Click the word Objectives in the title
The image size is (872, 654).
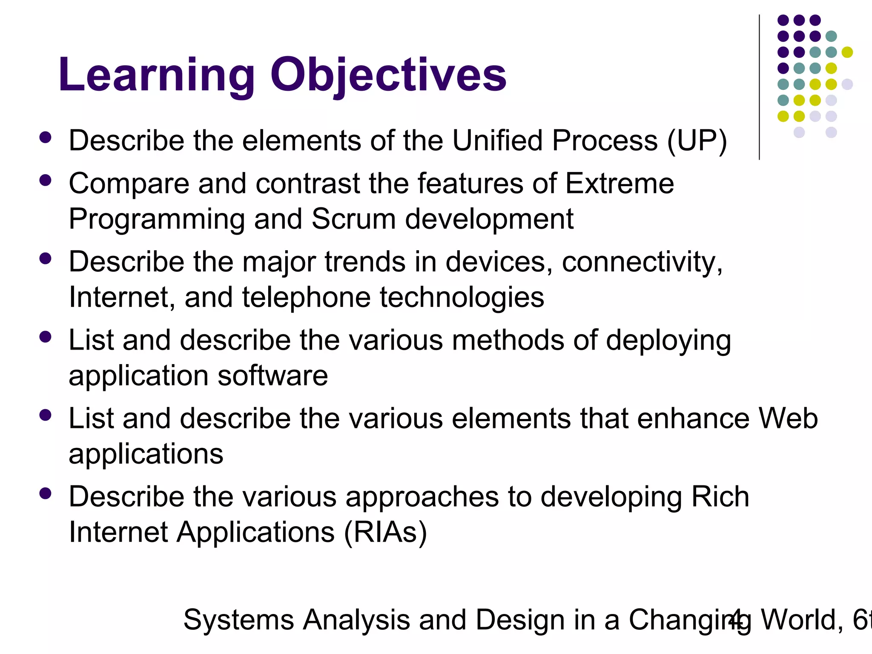388,76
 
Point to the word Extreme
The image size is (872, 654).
620,184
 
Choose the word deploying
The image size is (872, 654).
668,341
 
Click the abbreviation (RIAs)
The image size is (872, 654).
385,532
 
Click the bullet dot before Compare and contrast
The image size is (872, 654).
45,181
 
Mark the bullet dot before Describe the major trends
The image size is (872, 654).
45,259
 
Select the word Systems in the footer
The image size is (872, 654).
238,620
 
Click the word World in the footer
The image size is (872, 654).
801,620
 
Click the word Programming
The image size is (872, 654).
157,219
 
